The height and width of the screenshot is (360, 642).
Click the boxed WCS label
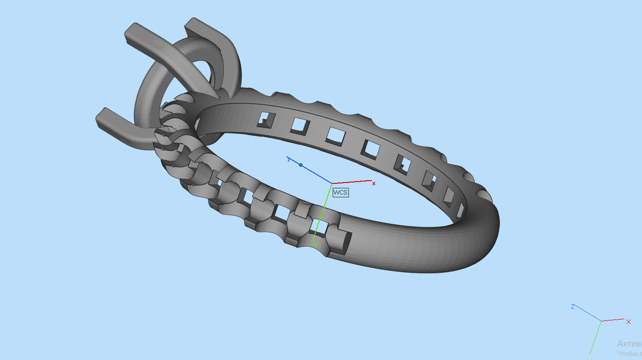[x=340, y=192]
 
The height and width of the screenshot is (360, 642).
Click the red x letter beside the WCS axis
[x=374, y=183]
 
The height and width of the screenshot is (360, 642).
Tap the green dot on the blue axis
[x=301, y=165]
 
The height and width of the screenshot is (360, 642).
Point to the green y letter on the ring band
[x=315, y=244]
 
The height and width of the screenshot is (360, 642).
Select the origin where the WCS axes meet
[x=332, y=183]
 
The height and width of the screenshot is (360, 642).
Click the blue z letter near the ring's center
[x=289, y=159]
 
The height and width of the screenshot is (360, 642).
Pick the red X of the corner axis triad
[x=628, y=321]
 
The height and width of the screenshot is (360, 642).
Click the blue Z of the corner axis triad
[x=573, y=307]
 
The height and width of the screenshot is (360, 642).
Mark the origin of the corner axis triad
[x=602, y=321]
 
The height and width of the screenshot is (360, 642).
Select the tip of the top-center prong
[x=191, y=25]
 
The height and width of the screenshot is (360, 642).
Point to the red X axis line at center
[x=353, y=182]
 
